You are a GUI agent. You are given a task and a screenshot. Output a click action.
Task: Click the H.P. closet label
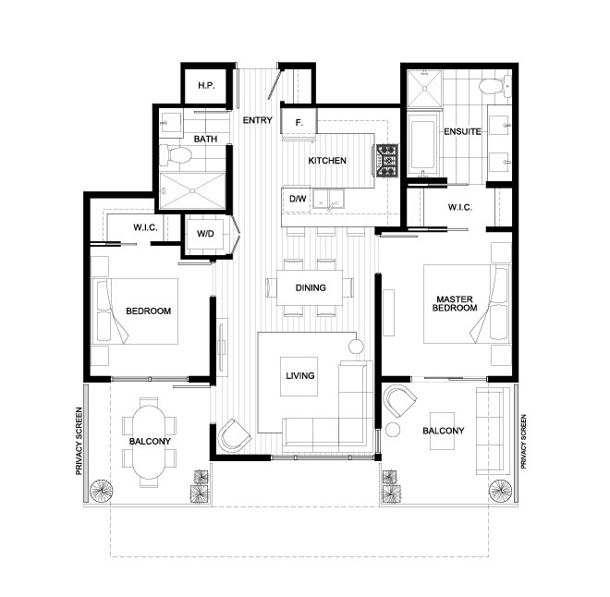[x=206, y=86]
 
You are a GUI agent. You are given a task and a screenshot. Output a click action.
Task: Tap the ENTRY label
[x=258, y=120]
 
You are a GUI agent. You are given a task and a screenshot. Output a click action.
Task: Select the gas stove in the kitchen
[x=386, y=160]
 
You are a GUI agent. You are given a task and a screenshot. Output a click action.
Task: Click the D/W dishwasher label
[x=298, y=199]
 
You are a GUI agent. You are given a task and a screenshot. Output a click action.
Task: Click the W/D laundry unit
[x=205, y=234]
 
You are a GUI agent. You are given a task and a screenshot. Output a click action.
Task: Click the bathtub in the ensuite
[x=423, y=144]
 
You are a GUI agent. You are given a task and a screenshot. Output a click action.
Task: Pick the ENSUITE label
[x=462, y=131]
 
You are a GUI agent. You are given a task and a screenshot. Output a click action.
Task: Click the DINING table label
[x=311, y=287]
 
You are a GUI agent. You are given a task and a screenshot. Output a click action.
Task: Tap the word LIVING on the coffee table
[x=300, y=376]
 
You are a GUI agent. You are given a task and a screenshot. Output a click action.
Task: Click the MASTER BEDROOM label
[x=455, y=303]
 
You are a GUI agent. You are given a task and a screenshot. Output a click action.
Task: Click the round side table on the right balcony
[x=393, y=430]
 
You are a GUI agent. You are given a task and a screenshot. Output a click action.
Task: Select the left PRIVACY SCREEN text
[x=79, y=441]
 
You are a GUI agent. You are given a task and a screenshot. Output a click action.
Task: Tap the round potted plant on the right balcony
[x=500, y=491]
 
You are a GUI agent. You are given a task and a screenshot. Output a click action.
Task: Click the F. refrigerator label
[x=299, y=123]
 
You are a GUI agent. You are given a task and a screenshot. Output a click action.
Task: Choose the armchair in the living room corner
[x=234, y=435]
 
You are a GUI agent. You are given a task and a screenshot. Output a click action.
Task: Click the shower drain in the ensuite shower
[x=424, y=89]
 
